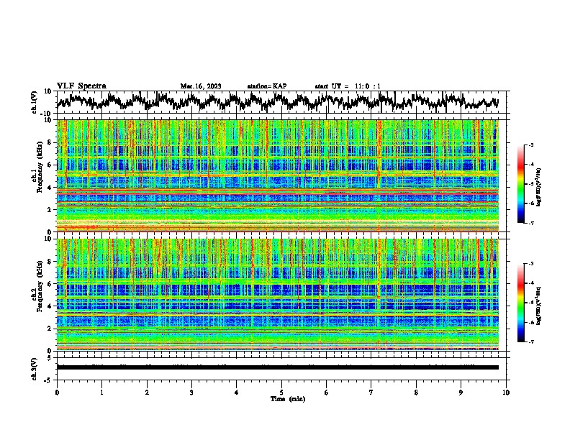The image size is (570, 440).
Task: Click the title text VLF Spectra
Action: (x=81, y=86)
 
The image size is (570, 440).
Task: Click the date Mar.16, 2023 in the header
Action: (x=201, y=86)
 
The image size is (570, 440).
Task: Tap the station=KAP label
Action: (x=266, y=86)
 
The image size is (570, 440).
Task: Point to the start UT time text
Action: (x=348, y=86)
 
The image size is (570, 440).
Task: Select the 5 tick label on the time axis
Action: (x=281, y=392)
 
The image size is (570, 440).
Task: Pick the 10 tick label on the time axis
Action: (x=506, y=392)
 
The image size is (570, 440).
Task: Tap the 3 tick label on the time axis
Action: (x=191, y=392)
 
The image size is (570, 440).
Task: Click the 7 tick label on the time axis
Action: (x=371, y=392)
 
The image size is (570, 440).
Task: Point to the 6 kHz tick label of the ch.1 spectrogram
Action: (x=50, y=165)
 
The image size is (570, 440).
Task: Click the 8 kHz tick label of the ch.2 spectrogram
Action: (x=50, y=262)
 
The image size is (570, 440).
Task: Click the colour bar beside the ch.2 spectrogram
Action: (x=520, y=303)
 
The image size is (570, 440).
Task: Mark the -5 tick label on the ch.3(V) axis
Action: (x=47, y=378)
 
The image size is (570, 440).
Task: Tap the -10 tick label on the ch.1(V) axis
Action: (x=45, y=113)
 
